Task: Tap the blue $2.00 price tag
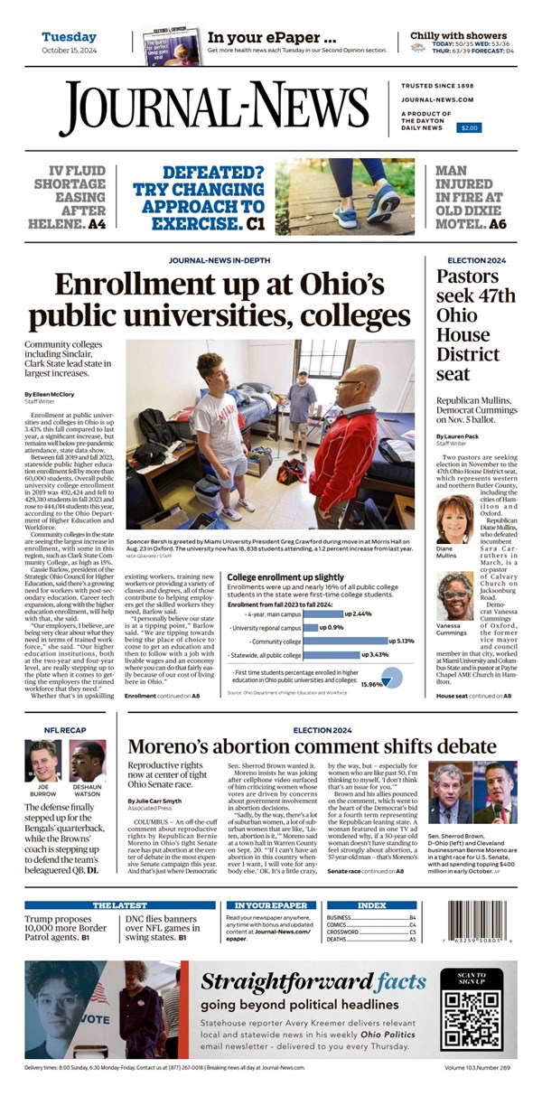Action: pos(469,128)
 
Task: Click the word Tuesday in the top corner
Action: pos(69,37)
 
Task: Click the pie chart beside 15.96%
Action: pos(391,677)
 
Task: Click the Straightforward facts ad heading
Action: pos(313,982)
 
